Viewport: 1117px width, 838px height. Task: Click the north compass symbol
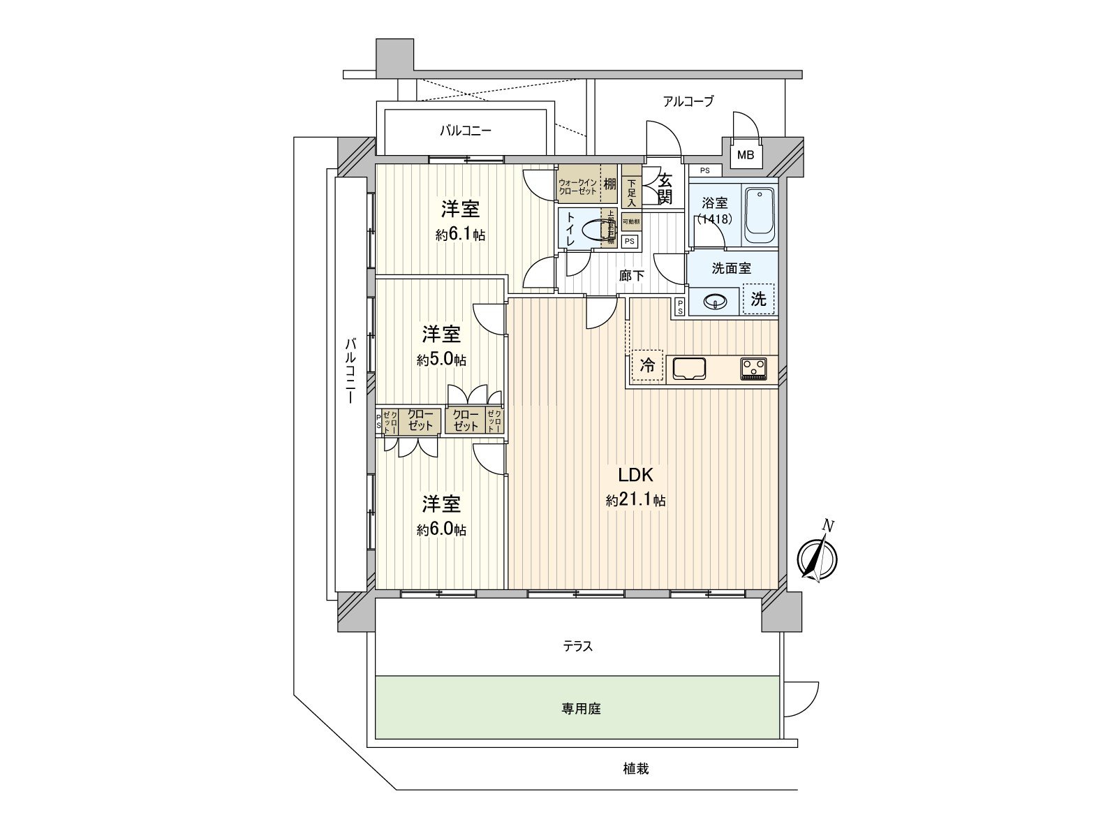pos(818,557)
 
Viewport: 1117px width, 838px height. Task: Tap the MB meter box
pos(746,155)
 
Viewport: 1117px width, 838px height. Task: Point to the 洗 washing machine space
pos(759,300)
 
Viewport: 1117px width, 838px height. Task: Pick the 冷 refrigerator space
pos(648,365)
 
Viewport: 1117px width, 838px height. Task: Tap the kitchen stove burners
pos(753,367)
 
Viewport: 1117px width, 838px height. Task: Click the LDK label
pos(635,476)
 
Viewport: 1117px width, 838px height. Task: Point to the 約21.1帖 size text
pos(635,500)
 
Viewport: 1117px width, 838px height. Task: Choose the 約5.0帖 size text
pos(442,360)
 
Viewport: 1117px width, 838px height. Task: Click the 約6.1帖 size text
pos(460,235)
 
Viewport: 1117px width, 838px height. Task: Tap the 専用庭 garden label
pos(581,709)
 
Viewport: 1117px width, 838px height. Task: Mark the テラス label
pos(578,647)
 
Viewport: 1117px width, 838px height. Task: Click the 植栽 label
pos(636,769)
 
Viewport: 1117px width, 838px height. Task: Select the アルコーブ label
pos(688,101)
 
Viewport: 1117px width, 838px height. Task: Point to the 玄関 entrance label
pos(665,188)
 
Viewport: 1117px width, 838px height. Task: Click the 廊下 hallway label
pos(632,276)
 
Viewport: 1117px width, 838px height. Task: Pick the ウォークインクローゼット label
pos(577,186)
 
